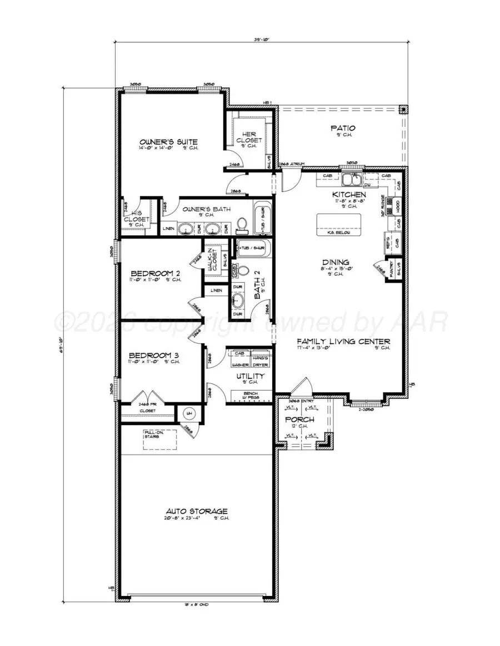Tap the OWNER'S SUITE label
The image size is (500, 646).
tap(168, 141)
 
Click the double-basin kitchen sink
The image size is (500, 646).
tap(351, 180)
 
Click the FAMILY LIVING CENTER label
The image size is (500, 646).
tap(343, 341)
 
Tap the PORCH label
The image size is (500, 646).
tap(299, 419)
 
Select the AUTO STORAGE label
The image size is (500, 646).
tap(197, 511)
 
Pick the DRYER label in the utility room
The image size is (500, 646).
tap(260, 364)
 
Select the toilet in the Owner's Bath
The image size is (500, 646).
tap(242, 225)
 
